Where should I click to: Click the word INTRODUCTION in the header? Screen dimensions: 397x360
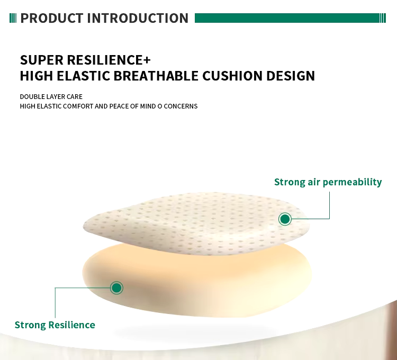[138, 18]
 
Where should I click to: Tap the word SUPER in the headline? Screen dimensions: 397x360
[41, 60]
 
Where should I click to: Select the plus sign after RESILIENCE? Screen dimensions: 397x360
[147, 60]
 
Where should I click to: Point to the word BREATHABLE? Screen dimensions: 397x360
[156, 76]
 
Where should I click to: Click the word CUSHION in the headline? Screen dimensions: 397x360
[232, 76]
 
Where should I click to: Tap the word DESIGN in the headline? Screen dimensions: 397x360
[291, 76]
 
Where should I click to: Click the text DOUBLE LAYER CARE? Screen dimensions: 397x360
[51, 97]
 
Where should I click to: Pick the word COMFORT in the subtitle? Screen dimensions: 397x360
[78, 106]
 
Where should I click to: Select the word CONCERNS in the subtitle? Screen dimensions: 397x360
[181, 106]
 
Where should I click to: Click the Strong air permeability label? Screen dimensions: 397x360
[328, 182]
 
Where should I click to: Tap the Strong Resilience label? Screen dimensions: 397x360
[55, 325]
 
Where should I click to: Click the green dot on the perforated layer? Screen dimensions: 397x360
[285, 219]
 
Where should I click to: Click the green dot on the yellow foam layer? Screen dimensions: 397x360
[117, 288]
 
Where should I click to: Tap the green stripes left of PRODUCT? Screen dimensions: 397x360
[13, 18]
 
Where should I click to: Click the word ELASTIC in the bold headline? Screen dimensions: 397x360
[83, 76]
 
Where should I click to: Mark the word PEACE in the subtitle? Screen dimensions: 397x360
[119, 106]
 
